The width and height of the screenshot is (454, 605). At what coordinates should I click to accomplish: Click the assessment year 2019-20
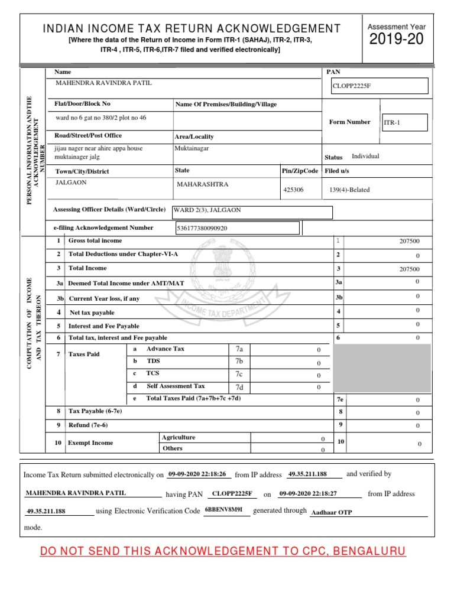[396, 40]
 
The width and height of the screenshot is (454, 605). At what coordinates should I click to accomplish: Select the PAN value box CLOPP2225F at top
[380, 86]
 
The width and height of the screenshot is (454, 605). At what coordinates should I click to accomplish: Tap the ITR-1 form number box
[404, 123]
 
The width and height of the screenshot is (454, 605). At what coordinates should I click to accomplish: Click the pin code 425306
[294, 190]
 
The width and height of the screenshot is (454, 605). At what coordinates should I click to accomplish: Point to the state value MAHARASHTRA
[202, 184]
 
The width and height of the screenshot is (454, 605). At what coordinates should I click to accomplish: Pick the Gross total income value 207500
[408, 242]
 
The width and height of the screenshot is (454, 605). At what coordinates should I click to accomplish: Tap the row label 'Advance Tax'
[165, 349]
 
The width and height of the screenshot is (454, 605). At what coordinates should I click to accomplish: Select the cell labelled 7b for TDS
[239, 361]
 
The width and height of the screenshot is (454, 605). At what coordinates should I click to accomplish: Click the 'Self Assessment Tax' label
[176, 386]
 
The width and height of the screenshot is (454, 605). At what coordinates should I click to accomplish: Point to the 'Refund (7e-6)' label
[88, 425]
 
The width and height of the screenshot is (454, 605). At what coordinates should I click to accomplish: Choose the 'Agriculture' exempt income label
[179, 438]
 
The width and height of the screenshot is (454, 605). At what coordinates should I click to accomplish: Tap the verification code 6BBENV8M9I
[224, 509]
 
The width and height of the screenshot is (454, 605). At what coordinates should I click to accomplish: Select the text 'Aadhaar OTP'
[332, 513]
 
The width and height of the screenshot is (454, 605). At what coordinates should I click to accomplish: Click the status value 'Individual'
[365, 157]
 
